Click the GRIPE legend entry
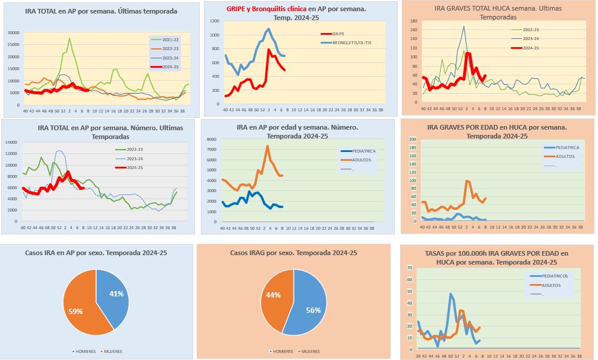pos(339,34)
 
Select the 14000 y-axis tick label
pos(13,142)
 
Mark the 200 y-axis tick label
pos(412,140)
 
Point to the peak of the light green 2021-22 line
pos(70,39)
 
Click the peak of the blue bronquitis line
pos(269,28)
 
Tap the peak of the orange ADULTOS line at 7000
pos(267,146)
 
